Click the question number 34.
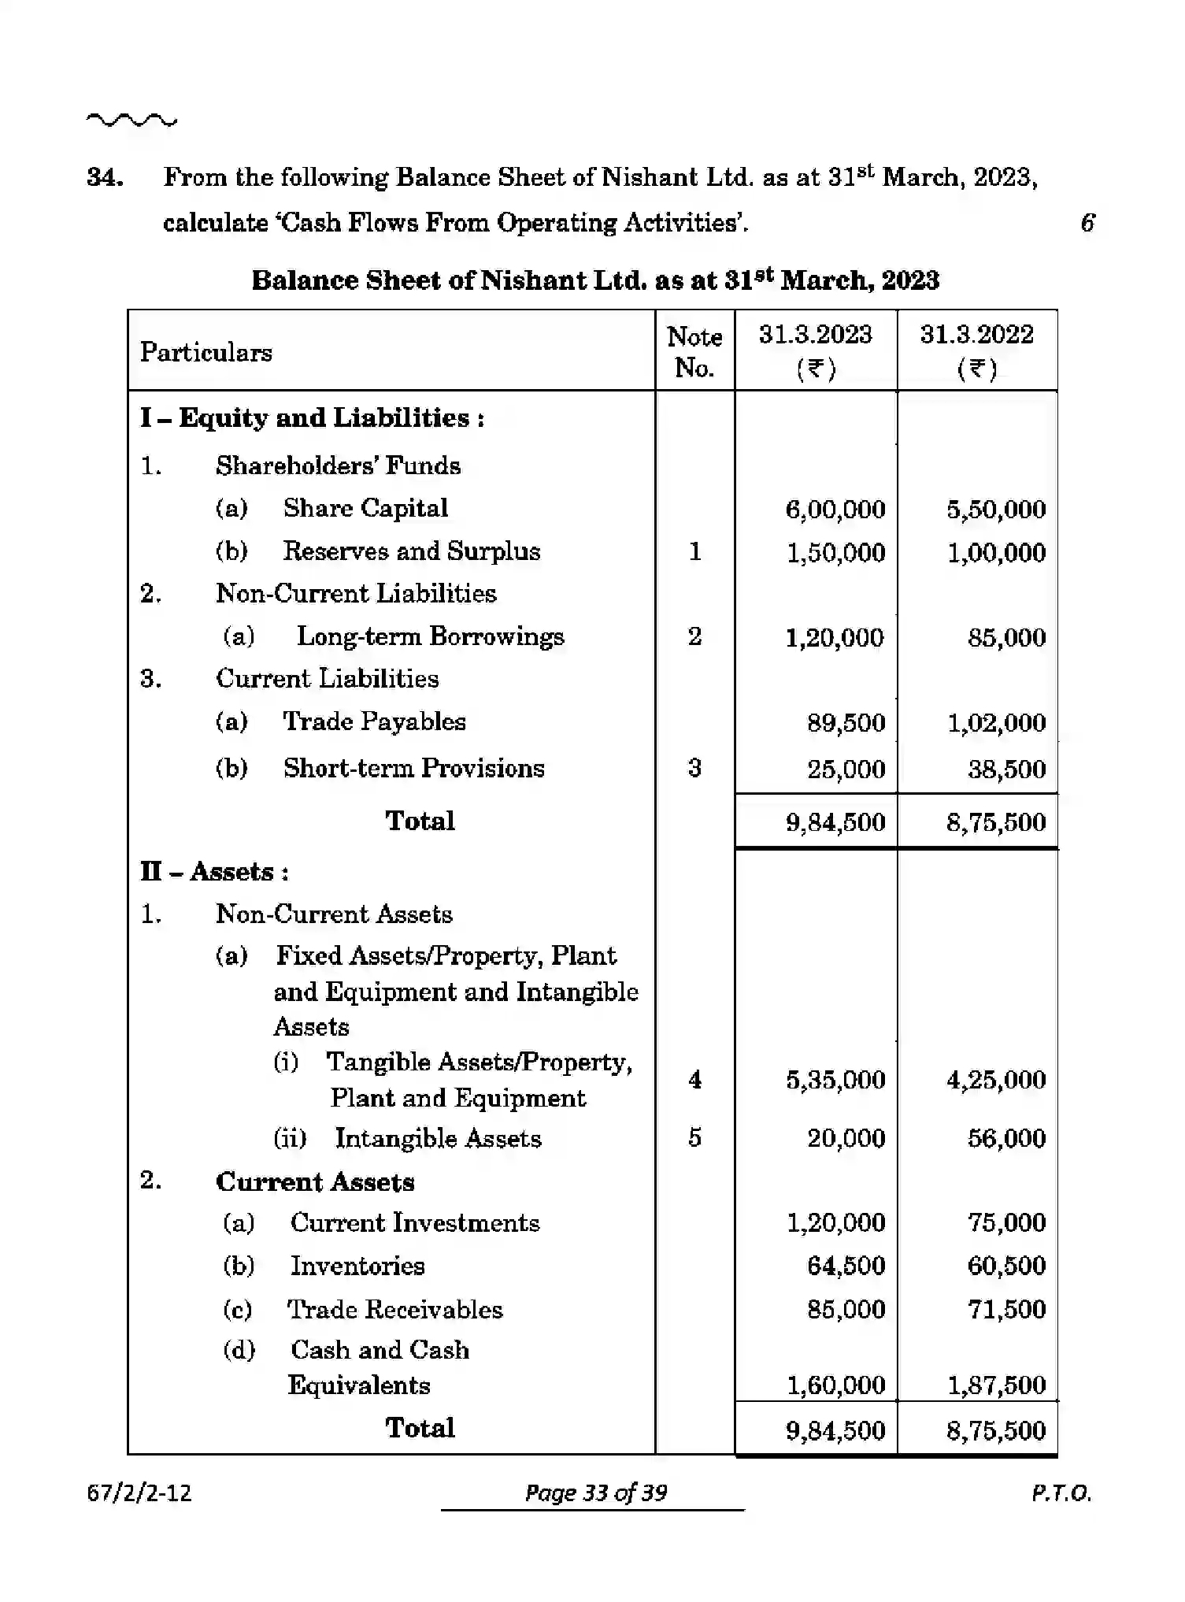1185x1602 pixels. [105, 177]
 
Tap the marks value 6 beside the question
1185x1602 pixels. [1087, 223]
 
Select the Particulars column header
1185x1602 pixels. [206, 352]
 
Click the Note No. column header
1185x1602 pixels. [694, 352]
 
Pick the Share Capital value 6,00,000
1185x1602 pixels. [835, 510]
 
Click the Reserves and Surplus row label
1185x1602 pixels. [411, 551]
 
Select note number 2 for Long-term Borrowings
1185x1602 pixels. [694, 636]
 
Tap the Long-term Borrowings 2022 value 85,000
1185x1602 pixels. [1006, 637]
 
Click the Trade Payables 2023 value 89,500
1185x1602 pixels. [846, 722]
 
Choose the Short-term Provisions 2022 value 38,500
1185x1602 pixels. [1006, 769]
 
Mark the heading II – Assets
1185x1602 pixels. [214, 872]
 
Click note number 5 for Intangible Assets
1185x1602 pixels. [694, 1137]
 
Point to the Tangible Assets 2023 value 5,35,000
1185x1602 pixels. [835, 1079]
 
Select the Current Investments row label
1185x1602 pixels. [414, 1222]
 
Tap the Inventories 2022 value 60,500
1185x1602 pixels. [1006, 1266]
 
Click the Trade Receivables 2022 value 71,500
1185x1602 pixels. [1006, 1309]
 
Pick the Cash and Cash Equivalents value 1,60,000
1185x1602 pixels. [835, 1385]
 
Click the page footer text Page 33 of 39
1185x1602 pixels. [595, 1493]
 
